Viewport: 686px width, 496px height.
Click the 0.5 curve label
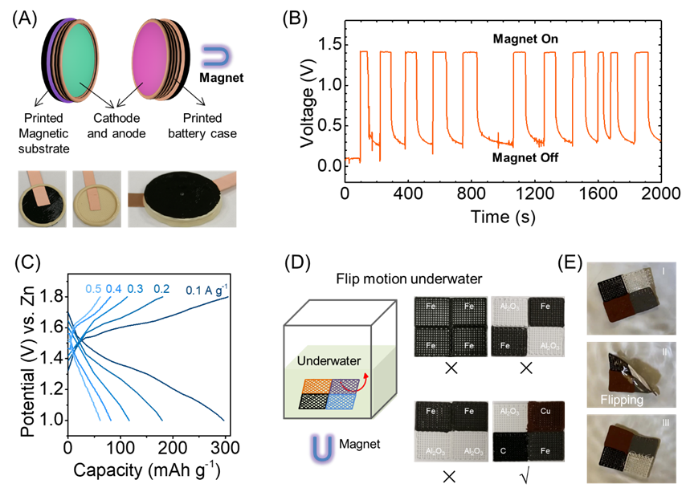point(93,289)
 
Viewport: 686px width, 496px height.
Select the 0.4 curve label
point(113,289)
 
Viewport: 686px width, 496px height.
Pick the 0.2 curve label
point(161,289)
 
